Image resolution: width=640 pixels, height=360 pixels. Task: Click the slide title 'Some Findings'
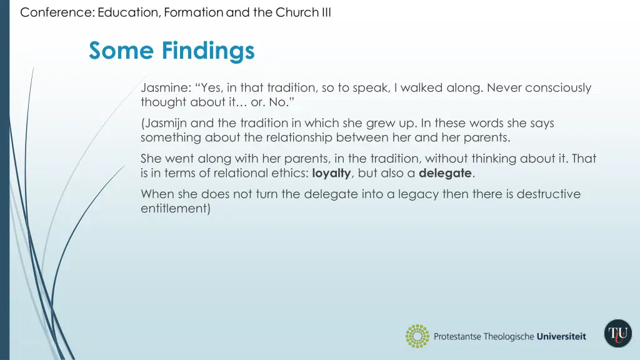[x=171, y=50]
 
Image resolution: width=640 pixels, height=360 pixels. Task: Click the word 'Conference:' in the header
[x=57, y=12]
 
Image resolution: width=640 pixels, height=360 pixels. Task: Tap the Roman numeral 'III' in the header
[x=325, y=12]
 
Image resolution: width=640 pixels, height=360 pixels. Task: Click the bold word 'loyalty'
[x=331, y=173]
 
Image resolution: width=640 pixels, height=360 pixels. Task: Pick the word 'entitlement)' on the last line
[x=176, y=209]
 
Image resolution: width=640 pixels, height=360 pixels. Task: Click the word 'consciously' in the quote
[x=558, y=88]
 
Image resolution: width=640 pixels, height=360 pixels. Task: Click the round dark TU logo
[x=617, y=333]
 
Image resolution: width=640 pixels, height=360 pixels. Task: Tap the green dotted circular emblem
[x=417, y=336]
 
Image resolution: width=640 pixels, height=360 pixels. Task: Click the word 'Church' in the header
[x=296, y=12]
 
